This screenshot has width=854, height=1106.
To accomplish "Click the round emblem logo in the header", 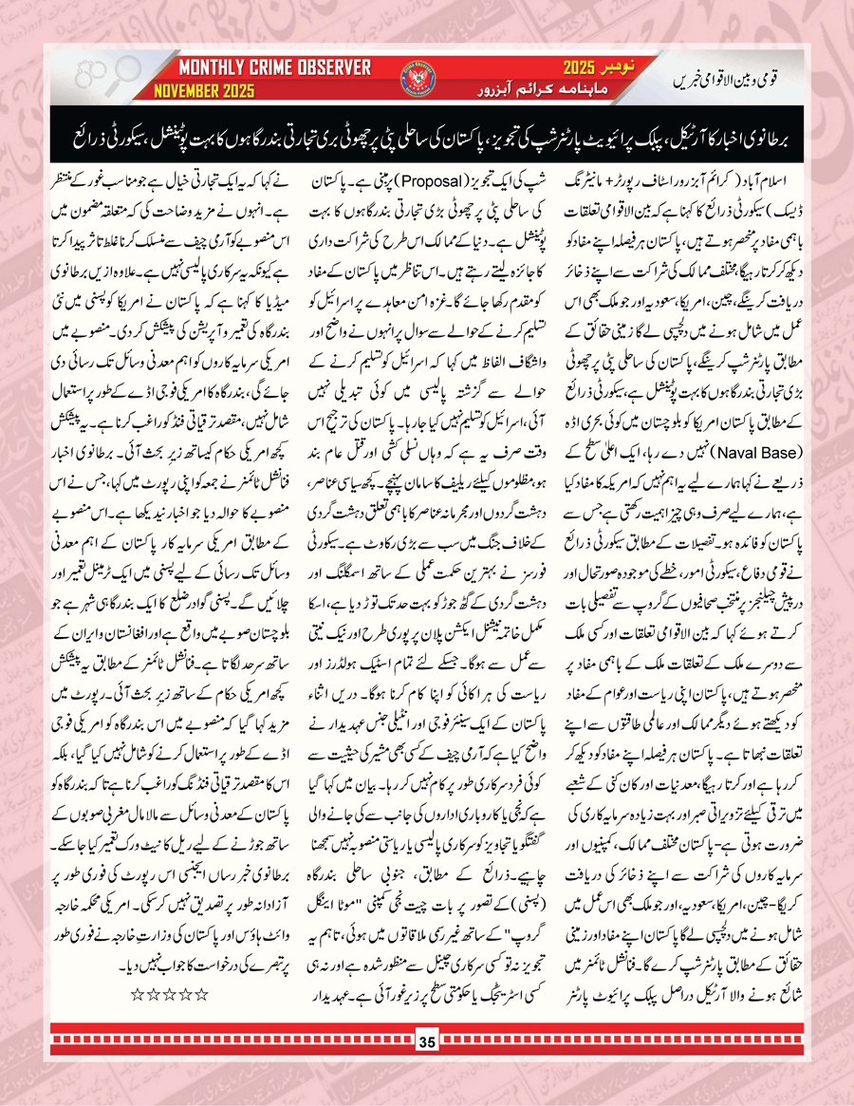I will point(422,76).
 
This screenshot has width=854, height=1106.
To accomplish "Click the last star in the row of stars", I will point(136,968).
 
